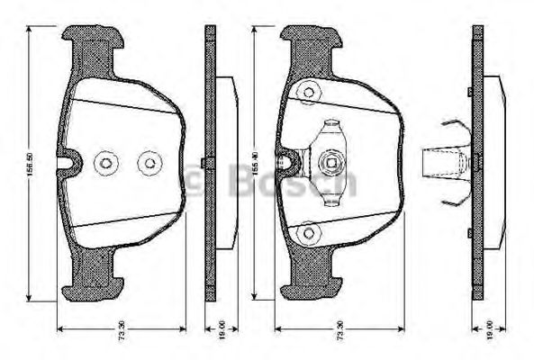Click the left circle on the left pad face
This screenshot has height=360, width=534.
coord(106,164)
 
